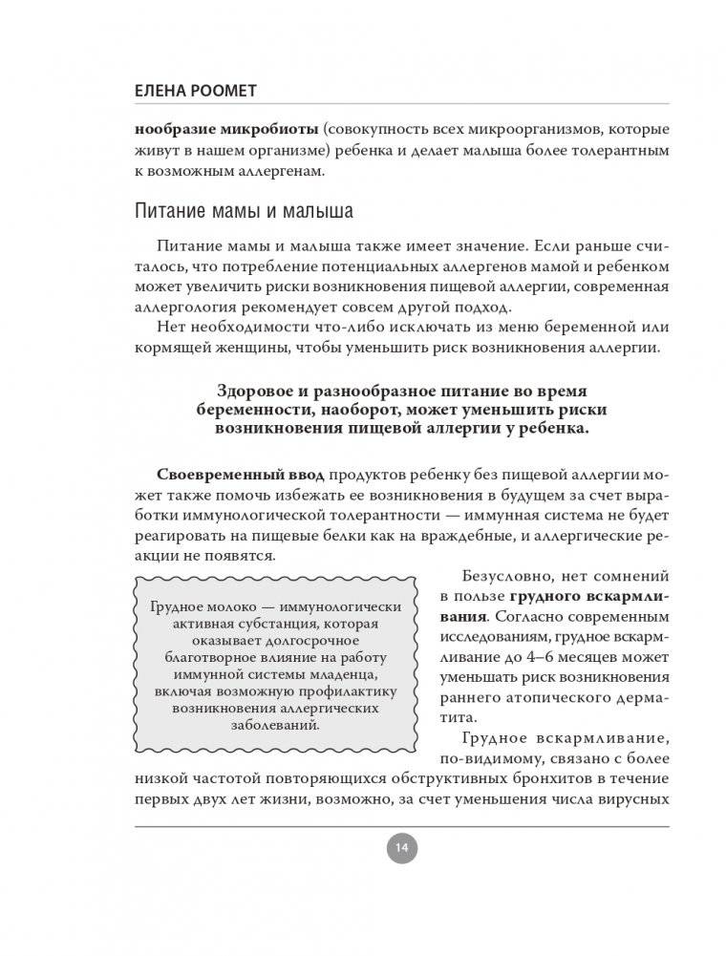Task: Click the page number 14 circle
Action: [400, 845]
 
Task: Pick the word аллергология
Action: [178, 308]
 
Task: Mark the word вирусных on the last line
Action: [632, 802]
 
